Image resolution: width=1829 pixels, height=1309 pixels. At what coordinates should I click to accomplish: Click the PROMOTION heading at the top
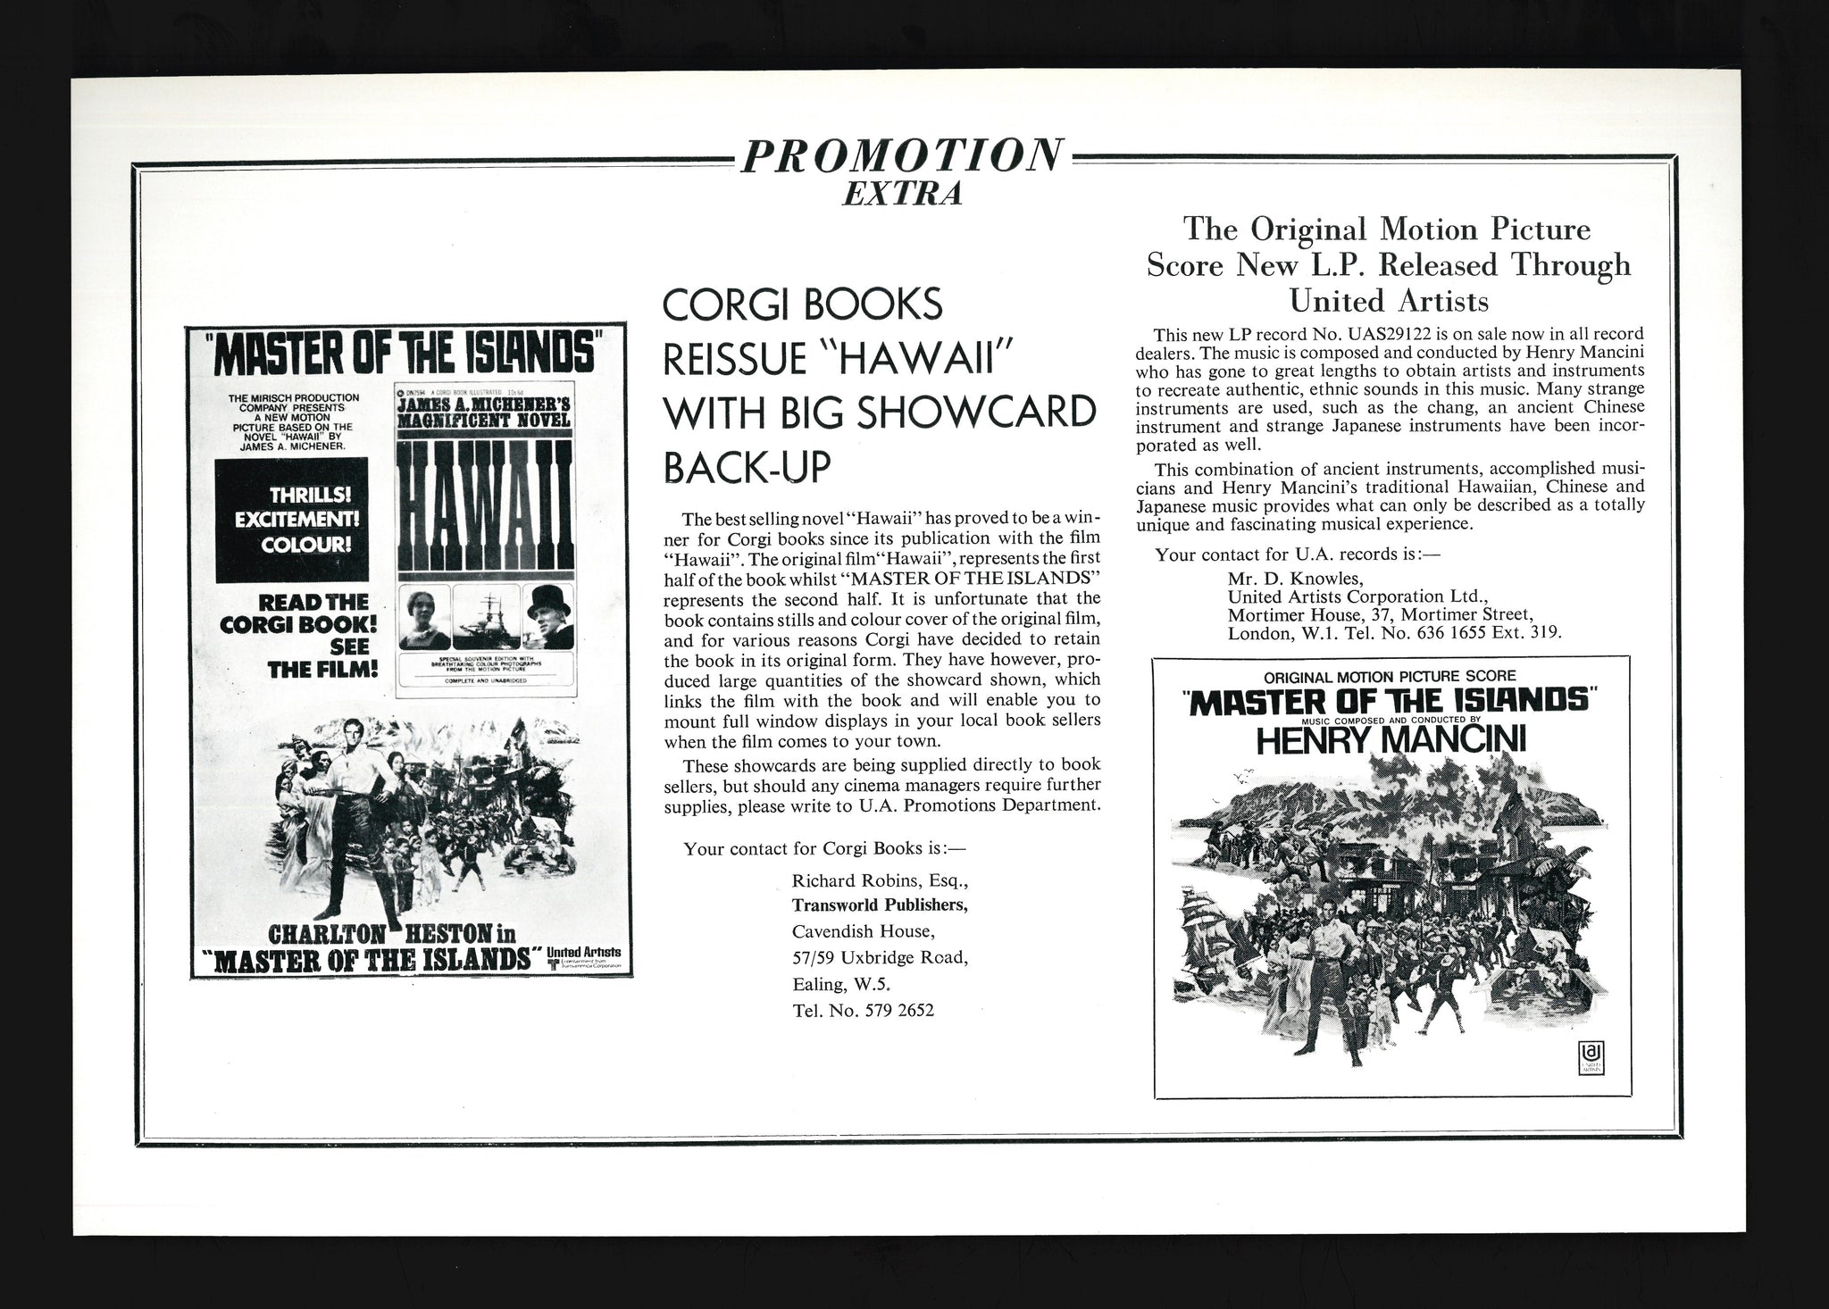[901, 157]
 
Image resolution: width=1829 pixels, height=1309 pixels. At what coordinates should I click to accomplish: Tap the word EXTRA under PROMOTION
[901, 194]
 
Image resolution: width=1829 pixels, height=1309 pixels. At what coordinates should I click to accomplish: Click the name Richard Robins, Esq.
[879, 881]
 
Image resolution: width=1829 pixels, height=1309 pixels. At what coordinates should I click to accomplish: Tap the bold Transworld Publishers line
[880, 906]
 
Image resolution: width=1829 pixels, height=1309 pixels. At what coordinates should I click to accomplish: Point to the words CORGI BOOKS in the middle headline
[802, 306]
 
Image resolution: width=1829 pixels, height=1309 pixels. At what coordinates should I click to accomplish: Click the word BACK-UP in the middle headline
[747, 467]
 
